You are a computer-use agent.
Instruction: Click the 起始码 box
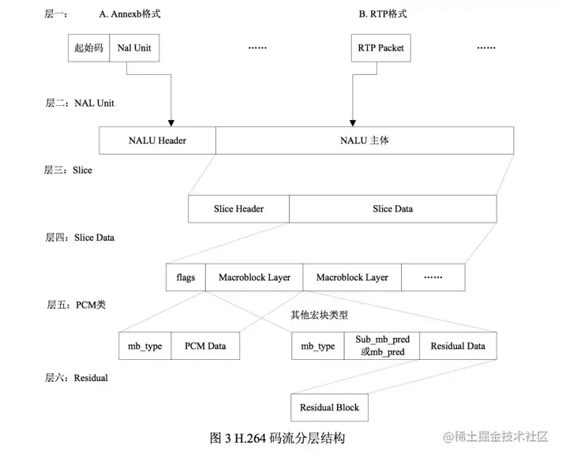point(89,48)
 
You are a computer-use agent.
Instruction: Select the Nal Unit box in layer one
point(133,48)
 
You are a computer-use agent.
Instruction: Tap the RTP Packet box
point(380,48)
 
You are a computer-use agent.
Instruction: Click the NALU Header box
point(157,141)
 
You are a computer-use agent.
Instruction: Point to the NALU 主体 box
point(364,141)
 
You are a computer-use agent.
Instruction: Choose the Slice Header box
point(238,209)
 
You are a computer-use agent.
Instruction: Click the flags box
point(185,277)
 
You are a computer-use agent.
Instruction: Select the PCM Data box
point(205,346)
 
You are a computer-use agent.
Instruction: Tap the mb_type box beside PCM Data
point(144,346)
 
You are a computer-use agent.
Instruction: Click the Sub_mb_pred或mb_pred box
point(381,346)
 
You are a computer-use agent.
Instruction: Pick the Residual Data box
point(458,346)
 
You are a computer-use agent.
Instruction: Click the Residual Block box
point(329,407)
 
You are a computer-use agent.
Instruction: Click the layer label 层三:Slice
point(69,170)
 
